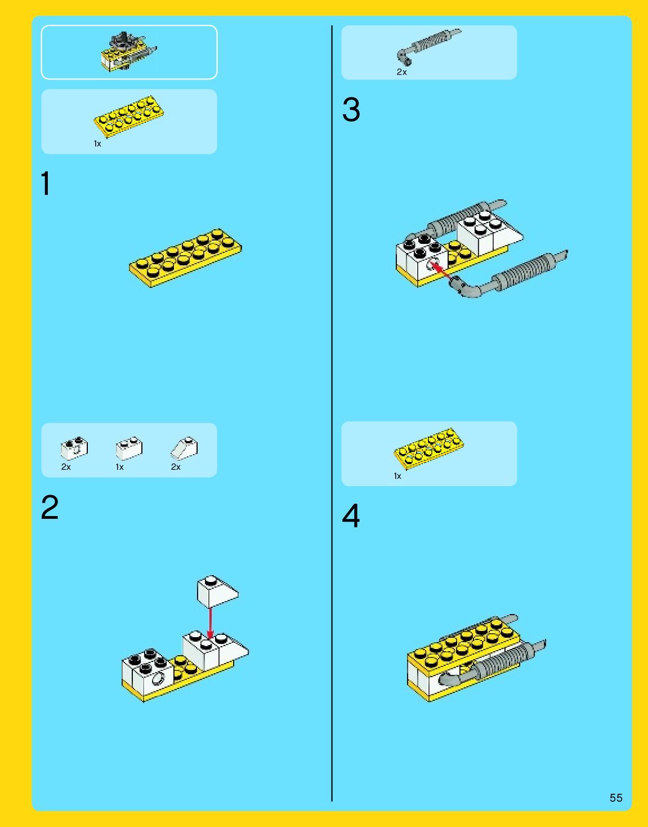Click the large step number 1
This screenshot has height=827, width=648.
(x=46, y=184)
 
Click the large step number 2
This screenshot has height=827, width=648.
(x=50, y=508)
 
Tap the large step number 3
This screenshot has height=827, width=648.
(x=351, y=110)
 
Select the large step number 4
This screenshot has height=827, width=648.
(x=351, y=515)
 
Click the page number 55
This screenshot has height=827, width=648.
(x=616, y=798)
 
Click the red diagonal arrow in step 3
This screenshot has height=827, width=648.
(x=441, y=270)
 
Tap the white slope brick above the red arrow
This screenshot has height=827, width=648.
(x=217, y=591)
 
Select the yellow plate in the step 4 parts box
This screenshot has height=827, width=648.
(x=429, y=448)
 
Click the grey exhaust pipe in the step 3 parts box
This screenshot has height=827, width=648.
(x=428, y=45)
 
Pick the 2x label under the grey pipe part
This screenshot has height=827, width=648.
(x=401, y=72)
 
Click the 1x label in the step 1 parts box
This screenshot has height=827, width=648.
(x=97, y=144)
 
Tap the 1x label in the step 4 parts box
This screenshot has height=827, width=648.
(x=397, y=477)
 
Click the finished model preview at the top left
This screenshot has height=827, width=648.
(x=129, y=52)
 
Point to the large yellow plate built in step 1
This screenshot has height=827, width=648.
(x=186, y=256)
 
